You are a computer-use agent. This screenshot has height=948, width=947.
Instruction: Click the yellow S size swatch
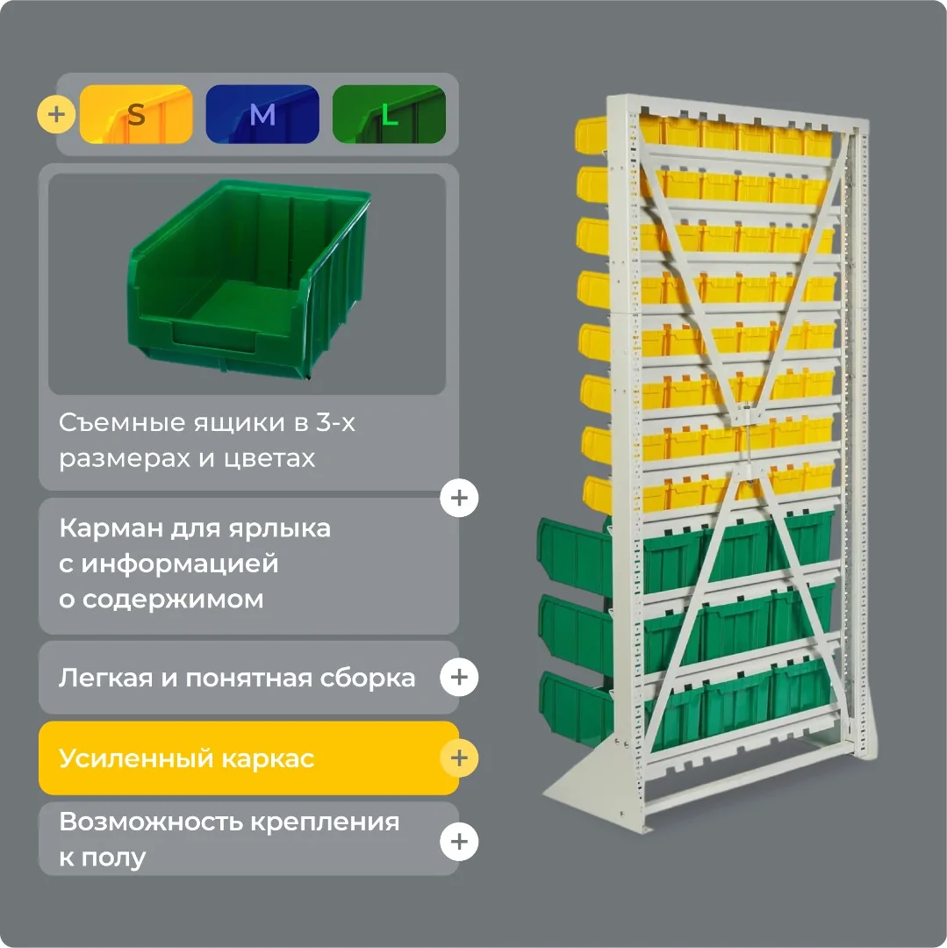click(136, 114)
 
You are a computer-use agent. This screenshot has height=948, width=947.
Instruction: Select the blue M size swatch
click(262, 114)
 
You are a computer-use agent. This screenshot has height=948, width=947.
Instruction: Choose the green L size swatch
click(389, 114)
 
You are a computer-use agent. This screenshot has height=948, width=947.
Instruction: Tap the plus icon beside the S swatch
click(56, 113)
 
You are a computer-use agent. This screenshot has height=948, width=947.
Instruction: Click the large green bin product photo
click(248, 279)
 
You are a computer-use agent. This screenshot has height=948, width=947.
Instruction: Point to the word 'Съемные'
click(123, 422)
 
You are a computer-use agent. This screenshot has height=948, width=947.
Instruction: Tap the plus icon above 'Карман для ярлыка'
click(459, 499)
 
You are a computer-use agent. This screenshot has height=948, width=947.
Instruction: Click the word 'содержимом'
click(173, 600)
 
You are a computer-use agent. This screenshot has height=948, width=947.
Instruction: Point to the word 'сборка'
click(368, 679)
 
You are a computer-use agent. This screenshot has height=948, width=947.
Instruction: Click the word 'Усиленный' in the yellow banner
click(136, 758)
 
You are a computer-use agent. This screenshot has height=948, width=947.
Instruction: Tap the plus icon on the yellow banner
click(459, 758)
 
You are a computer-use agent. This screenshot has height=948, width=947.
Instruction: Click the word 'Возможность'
click(150, 822)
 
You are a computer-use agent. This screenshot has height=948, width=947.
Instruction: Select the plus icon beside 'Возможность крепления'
click(459, 842)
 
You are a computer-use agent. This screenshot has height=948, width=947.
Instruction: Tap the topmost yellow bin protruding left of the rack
click(591, 134)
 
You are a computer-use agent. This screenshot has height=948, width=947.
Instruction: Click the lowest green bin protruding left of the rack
click(576, 707)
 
